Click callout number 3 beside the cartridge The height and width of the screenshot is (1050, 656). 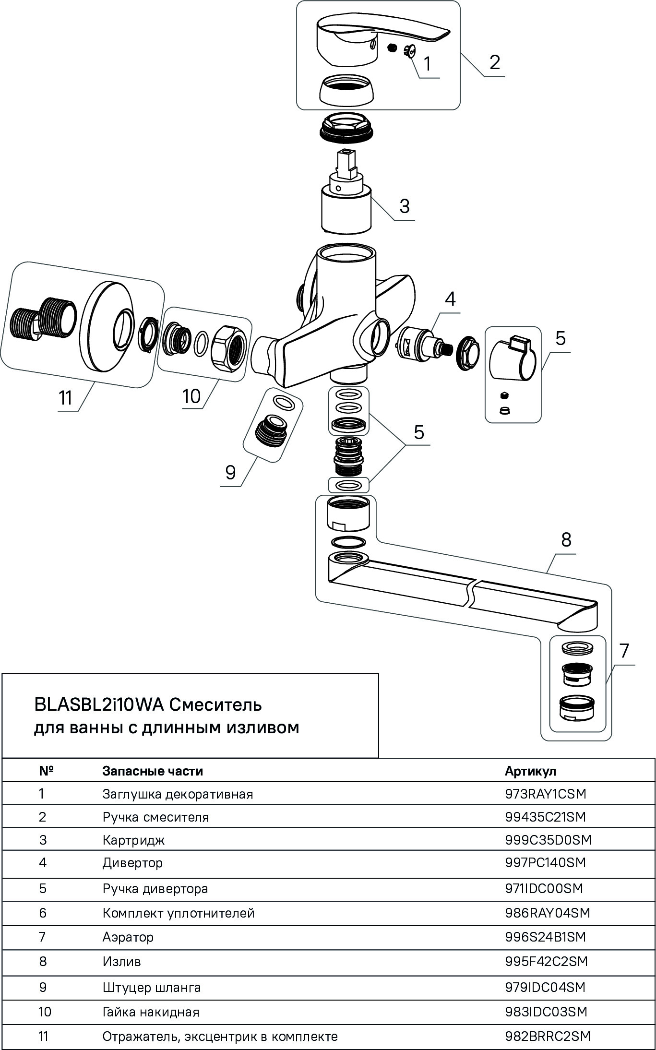[405, 206]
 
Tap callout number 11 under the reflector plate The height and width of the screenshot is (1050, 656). [65, 398]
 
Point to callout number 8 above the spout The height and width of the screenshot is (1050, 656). [566, 540]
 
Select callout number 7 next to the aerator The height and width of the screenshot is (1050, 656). [624, 651]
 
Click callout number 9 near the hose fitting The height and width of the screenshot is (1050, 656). [231, 473]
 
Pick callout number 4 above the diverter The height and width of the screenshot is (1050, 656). [450, 299]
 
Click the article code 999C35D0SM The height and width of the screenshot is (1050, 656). [548, 839]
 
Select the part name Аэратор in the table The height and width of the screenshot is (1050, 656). [128, 937]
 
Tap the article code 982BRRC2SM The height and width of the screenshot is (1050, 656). [548, 1036]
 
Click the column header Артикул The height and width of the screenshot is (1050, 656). [530, 771]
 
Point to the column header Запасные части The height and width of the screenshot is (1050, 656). [153, 771]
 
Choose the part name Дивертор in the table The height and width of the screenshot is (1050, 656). [132, 862]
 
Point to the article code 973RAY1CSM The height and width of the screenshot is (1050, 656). [546, 794]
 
